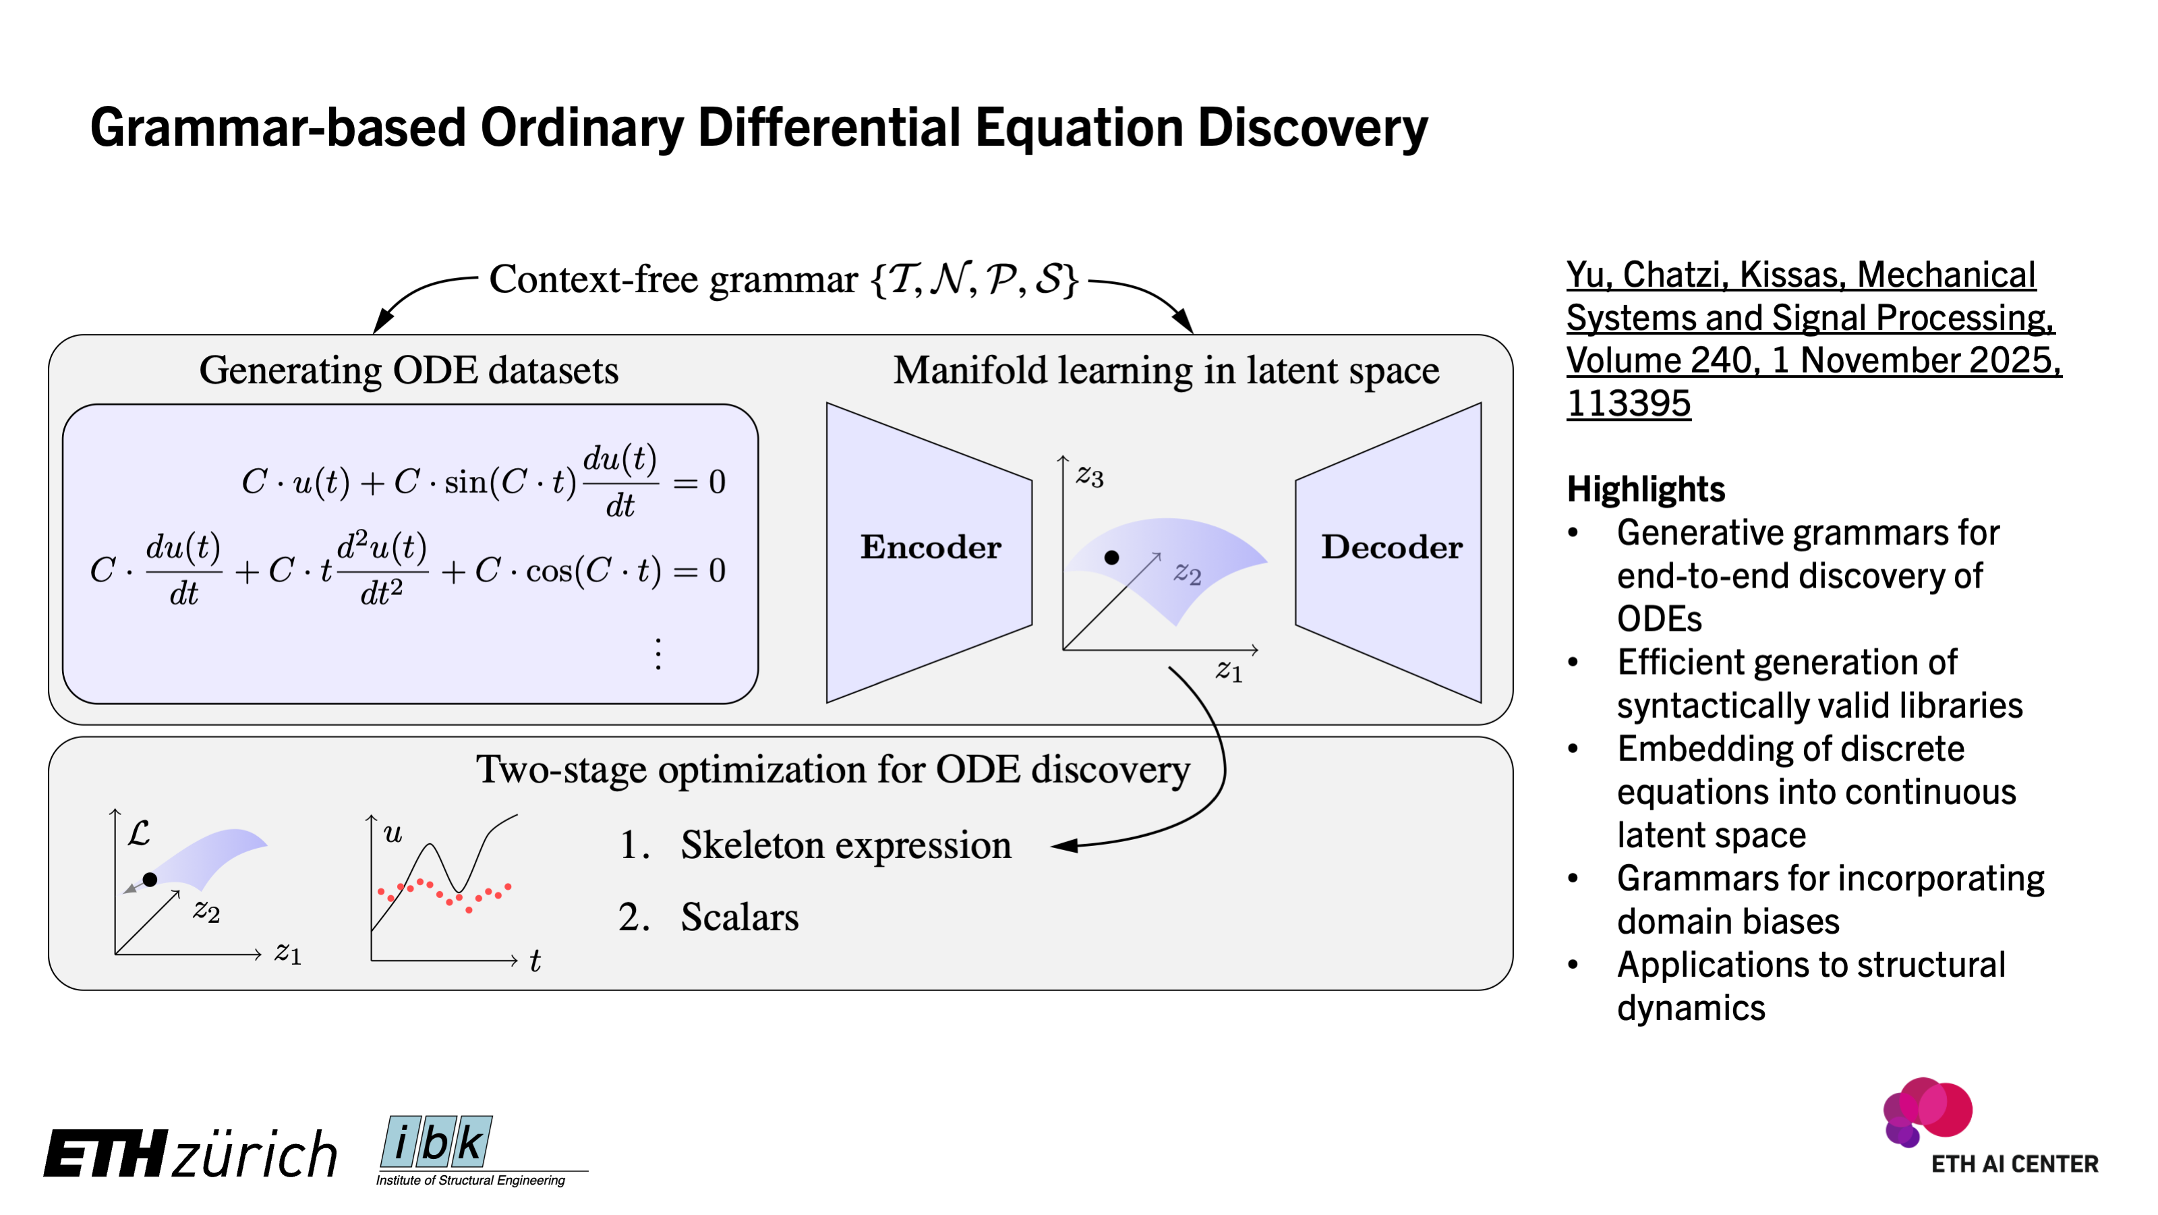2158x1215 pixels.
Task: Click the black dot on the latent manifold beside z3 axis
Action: (x=1111, y=558)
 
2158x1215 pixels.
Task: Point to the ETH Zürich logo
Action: (x=190, y=1154)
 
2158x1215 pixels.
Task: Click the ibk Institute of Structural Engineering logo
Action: (x=469, y=1150)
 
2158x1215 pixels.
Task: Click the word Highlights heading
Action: (x=1645, y=489)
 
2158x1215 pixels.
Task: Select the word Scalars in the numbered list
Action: (x=739, y=917)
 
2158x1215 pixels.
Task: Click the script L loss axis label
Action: (x=139, y=833)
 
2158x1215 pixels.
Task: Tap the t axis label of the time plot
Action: (x=535, y=961)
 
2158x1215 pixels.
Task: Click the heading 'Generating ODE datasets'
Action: (x=409, y=370)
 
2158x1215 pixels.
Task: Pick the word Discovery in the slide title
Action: (x=1312, y=128)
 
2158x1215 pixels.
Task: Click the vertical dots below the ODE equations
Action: (x=658, y=654)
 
